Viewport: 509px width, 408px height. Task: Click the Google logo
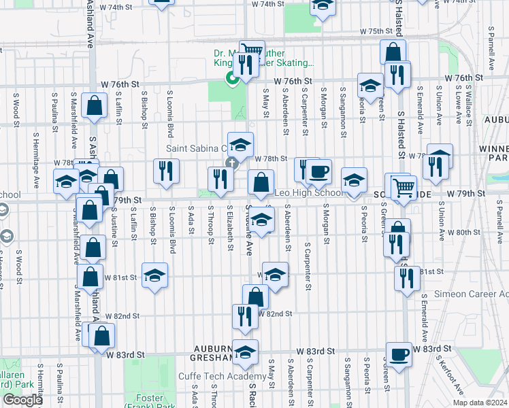point(22,400)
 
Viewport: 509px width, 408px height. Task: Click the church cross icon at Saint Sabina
point(231,163)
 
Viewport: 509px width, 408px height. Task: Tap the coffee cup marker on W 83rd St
point(399,354)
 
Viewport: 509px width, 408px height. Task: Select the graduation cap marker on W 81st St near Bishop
point(155,275)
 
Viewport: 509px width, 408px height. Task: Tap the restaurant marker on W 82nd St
point(245,316)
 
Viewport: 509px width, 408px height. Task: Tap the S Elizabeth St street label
point(230,222)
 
